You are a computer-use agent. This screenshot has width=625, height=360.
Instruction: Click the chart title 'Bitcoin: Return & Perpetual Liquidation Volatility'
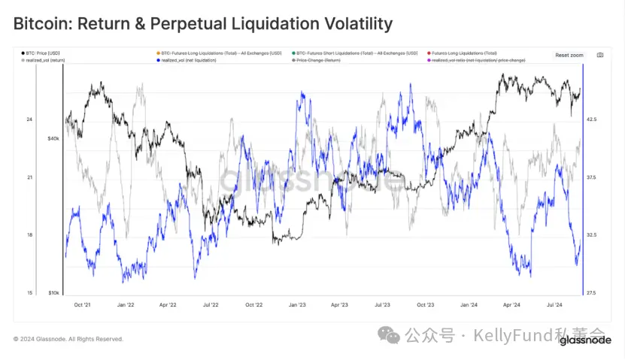[x=203, y=24]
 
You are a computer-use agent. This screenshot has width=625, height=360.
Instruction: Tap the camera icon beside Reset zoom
[x=599, y=55]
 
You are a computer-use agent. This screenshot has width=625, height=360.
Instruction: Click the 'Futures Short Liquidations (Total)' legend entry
[x=356, y=53]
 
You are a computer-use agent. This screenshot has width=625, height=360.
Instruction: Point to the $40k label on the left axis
[x=53, y=138]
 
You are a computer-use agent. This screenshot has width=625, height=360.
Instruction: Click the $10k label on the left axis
[x=53, y=292]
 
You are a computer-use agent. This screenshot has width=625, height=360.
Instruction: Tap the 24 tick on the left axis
[x=29, y=119]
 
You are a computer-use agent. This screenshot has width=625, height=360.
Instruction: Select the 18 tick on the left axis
[x=29, y=235]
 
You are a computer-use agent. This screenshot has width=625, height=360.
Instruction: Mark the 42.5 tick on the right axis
[x=591, y=119]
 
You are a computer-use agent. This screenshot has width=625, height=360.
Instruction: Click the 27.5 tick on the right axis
[x=591, y=292]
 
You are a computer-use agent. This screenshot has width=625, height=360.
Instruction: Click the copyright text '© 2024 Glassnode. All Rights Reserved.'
[x=68, y=339]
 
